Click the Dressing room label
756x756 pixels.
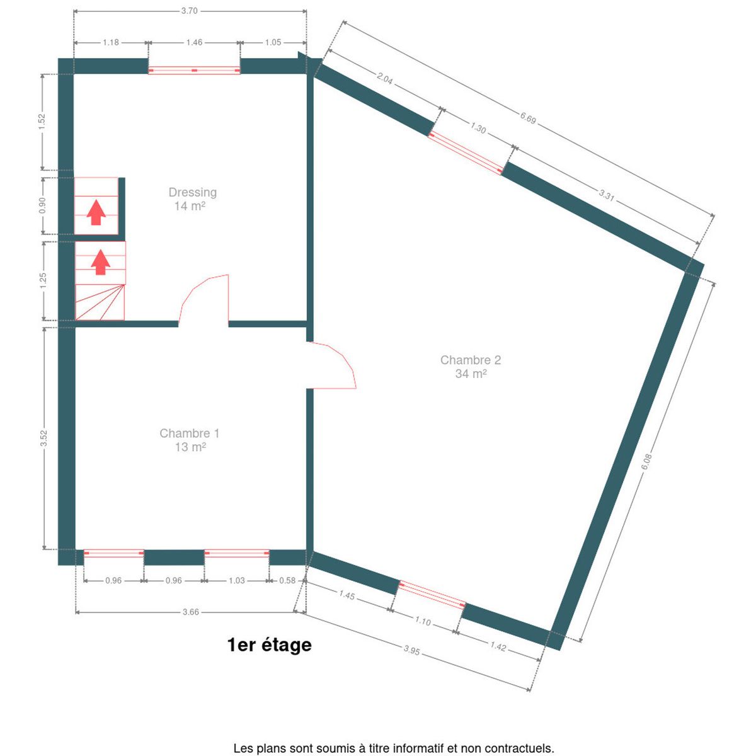click(192, 192)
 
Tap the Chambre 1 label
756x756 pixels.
click(189, 433)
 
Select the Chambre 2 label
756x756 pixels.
click(471, 360)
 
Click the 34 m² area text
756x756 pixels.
click(471, 374)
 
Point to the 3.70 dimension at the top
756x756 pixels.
click(189, 11)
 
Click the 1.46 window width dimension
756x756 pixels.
click(194, 42)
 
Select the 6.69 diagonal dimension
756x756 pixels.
click(528, 118)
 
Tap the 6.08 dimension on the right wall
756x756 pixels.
click(646, 461)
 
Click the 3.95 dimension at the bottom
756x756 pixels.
click(411, 650)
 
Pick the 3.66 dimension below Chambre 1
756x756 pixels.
click(191, 612)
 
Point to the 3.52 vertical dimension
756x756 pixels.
click(43, 438)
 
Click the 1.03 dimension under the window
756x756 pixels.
click(237, 580)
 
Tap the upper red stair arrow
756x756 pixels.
click(96, 212)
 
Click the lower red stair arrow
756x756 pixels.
click(100, 262)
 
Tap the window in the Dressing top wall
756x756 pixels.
click(194, 70)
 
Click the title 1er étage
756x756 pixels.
click(269, 644)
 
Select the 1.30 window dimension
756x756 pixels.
click(478, 127)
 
